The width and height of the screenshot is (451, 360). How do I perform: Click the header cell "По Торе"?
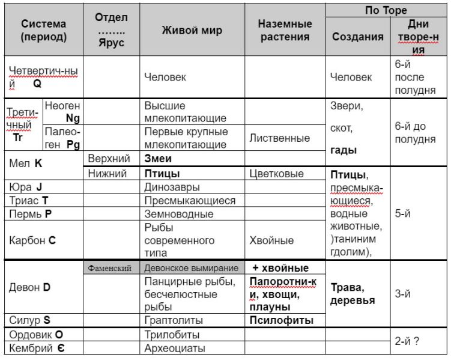(386, 10)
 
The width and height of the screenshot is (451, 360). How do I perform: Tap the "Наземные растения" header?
(285, 31)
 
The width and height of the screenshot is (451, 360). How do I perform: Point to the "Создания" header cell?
(357, 37)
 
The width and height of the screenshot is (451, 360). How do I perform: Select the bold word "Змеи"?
(158, 159)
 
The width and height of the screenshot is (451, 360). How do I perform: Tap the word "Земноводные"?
(178, 213)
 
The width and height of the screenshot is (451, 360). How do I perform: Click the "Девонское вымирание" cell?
(192, 268)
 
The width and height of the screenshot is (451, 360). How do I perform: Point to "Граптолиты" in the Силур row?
(174, 320)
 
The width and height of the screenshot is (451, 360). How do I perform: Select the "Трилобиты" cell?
(172, 334)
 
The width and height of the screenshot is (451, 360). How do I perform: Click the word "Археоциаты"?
(175, 347)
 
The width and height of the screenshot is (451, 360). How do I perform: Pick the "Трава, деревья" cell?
(352, 294)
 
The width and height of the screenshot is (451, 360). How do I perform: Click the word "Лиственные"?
(280, 138)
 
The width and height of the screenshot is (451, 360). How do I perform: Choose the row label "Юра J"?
(26, 187)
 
